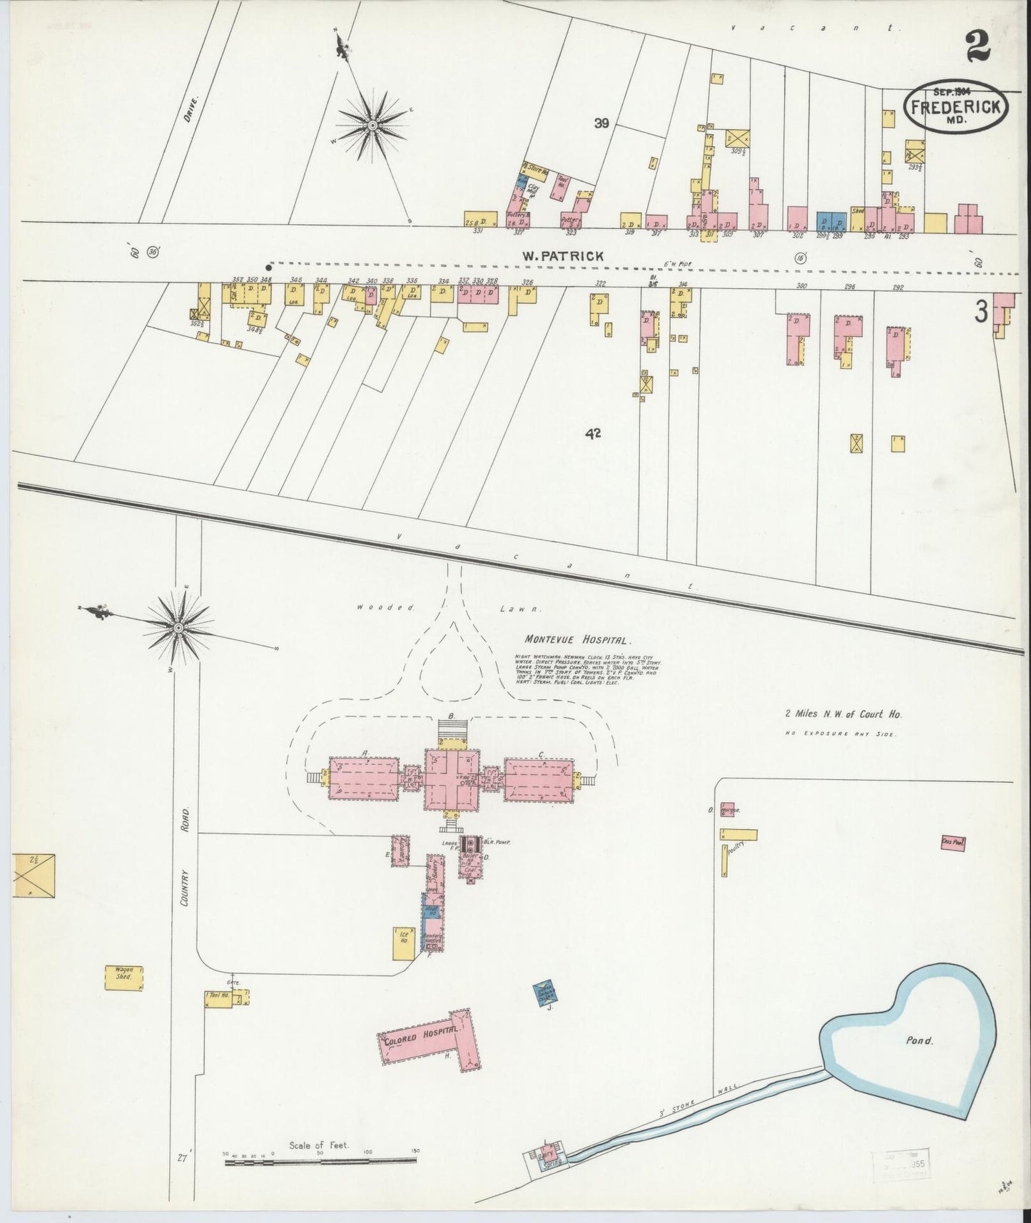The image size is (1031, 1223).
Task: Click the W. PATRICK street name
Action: click(562, 255)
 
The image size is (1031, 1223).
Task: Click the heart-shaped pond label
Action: click(919, 1040)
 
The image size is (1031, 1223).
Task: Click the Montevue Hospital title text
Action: click(578, 641)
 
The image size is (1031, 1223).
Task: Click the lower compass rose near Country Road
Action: click(178, 627)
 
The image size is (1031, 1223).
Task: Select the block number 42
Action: click(591, 432)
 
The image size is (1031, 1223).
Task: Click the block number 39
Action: click(601, 123)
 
